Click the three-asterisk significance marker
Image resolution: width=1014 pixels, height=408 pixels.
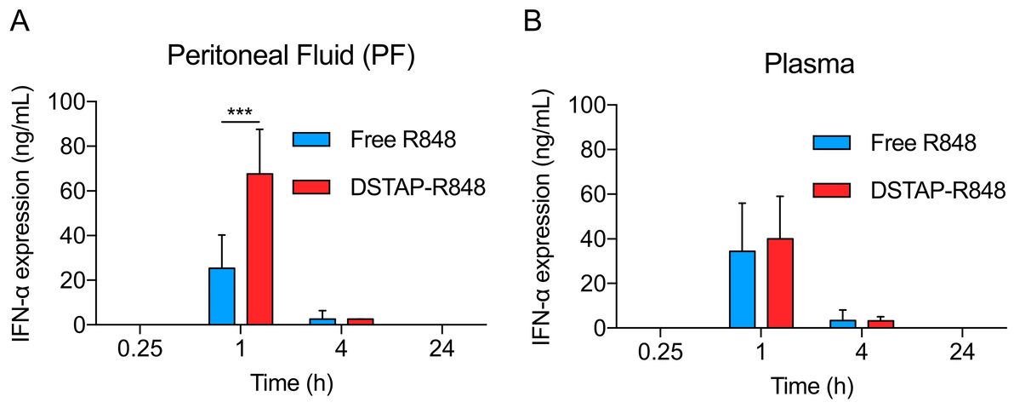pos(240,112)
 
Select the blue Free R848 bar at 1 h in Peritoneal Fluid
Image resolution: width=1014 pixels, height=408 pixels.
pos(222,296)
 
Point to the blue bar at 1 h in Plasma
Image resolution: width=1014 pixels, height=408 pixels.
pos(743,289)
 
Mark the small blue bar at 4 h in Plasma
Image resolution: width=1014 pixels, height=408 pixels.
pos(843,324)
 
